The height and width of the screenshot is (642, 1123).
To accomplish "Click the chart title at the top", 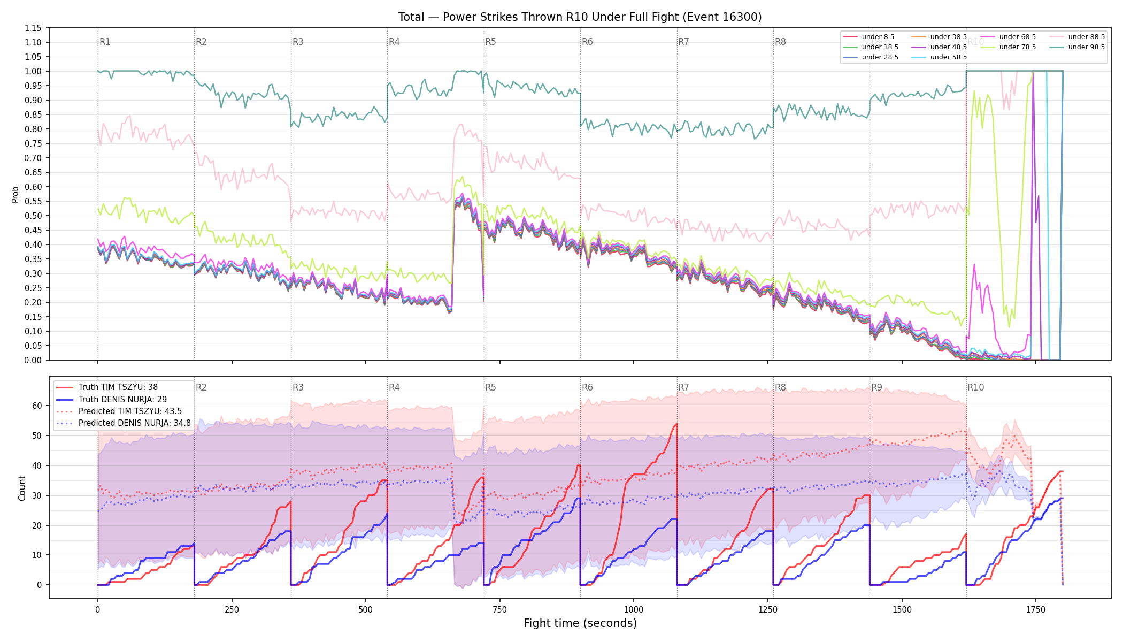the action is pyautogui.click(x=580, y=17).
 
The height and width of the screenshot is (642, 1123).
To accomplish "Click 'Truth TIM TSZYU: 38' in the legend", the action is pyautogui.click(x=107, y=387).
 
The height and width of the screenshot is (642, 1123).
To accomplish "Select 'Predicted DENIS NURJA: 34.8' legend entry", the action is pyautogui.click(x=124, y=423).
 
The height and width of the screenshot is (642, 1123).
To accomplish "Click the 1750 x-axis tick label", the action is pyautogui.click(x=1036, y=609).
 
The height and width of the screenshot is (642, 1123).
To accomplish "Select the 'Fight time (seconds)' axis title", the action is pyautogui.click(x=580, y=623).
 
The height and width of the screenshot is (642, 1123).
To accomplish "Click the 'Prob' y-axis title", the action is pyautogui.click(x=16, y=194).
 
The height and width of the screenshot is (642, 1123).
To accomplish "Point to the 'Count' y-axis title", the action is pyautogui.click(x=22, y=488).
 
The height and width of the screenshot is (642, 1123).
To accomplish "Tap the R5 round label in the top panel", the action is pyautogui.click(x=490, y=42).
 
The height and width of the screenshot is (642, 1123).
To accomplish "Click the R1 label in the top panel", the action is pyautogui.click(x=105, y=42).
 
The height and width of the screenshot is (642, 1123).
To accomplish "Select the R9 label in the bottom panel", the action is pyautogui.click(x=876, y=387).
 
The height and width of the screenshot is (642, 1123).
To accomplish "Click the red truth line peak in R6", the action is pyautogui.click(x=676, y=424).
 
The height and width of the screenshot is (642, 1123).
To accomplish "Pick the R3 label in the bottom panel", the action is pyautogui.click(x=298, y=387).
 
